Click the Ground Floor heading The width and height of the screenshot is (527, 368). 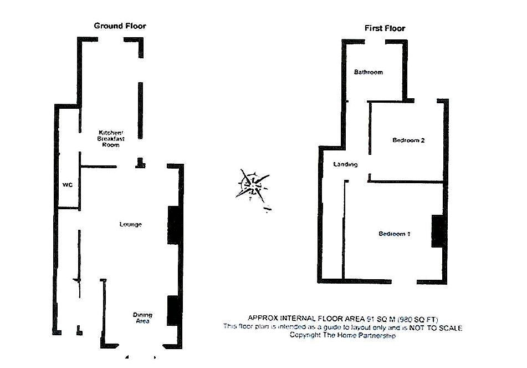point(120,26)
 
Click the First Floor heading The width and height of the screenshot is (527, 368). point(385,28)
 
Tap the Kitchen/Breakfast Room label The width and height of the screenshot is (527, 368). point(111,138)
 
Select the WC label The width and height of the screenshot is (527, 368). point(68,184)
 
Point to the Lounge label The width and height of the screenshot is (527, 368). point(131,224)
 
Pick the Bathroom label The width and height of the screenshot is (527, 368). point(368,72)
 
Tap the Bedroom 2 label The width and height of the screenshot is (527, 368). point(408,140)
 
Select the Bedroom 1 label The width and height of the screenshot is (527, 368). point(395,234)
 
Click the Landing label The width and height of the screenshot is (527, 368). point(345,164)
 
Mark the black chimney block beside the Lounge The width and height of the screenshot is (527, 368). point(173,225)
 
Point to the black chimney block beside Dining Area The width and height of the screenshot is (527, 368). point(173,310)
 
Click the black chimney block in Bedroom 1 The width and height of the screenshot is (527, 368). point(438,230)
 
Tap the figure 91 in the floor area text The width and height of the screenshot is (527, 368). point(371,319)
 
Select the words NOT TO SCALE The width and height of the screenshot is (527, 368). point(437,327)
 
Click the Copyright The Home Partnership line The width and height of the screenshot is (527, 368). point(342,336)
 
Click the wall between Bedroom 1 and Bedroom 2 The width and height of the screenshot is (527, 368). point(407,182)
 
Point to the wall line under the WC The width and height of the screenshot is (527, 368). point(69,208)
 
